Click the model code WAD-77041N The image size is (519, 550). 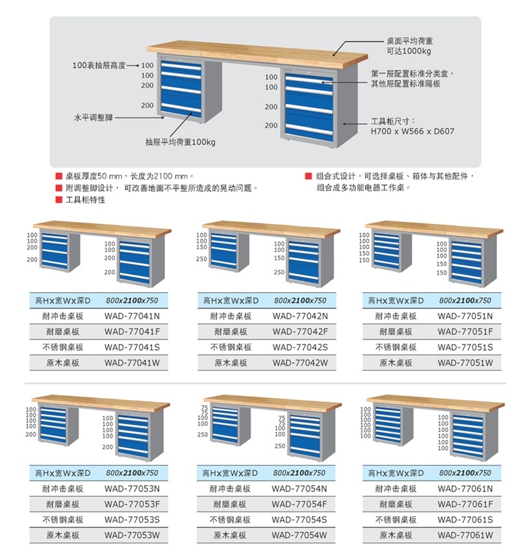point(132,316)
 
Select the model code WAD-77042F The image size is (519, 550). point(299,332)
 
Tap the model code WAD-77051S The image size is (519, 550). point(465,347)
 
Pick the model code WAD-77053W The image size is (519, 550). point(132,535)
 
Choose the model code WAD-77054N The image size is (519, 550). point(299,488)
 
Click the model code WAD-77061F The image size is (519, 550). point(465,504)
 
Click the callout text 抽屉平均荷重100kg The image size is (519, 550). point(180,141)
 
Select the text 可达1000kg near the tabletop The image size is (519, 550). point(409,51)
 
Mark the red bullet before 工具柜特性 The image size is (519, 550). point(58,200)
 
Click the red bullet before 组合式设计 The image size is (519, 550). point(308,176)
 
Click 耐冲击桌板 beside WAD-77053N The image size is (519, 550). point(63,488)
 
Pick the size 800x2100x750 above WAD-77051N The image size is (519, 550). point(465,301)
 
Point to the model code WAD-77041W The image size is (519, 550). point(132,363)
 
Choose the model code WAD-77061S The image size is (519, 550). point(465,519)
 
